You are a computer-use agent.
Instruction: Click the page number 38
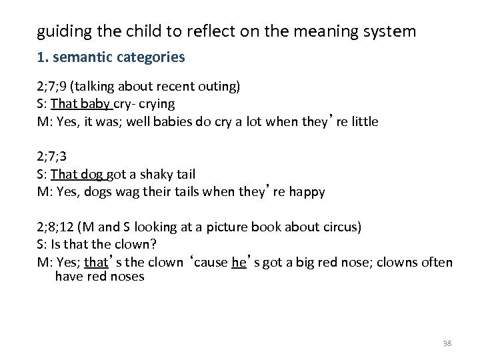point(447,343)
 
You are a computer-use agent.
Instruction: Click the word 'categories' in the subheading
point(151,57)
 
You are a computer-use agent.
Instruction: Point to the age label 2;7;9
point(52,86)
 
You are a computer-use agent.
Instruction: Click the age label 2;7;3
point(52,157)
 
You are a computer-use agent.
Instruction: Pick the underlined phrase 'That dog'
point(77,175)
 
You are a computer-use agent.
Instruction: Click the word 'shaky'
point(155,175)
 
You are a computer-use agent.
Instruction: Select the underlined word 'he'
point(239,263)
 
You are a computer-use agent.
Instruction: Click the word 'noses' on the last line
point(126,276)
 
